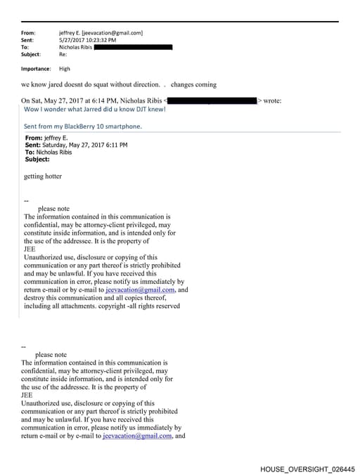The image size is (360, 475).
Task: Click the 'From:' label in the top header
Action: tap(28, 33)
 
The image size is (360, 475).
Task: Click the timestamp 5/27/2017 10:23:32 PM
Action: tap(88, 40)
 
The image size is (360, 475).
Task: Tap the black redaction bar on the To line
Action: tap(133, 47)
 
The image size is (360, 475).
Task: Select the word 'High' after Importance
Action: tap(65, 69)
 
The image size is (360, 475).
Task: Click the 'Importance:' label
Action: tap(36, 69)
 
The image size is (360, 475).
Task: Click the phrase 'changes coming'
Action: tap(193, 84)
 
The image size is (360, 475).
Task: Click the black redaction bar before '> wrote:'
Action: tap(212, 101)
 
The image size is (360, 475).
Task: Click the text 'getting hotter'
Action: tap(42, 176)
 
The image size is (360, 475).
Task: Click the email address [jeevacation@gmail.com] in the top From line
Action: tap(112, 33)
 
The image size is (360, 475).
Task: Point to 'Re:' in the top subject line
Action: tap(63, 54)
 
